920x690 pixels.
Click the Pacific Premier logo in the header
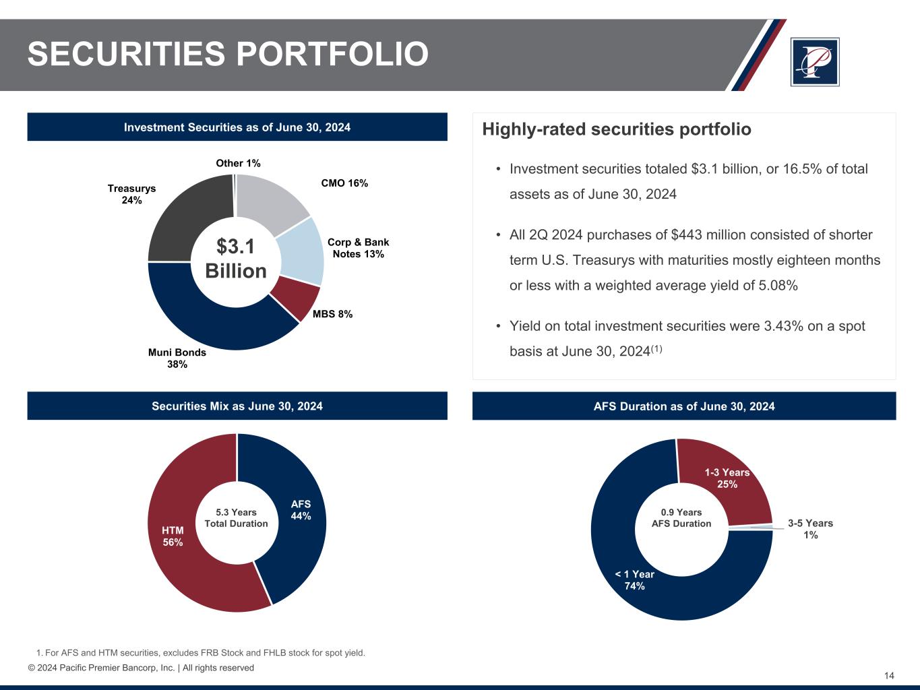click(815, 62)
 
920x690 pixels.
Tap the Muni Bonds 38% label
click(177, 358)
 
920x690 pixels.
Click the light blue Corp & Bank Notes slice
click(299, 249)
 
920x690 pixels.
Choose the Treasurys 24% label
click(131, 194)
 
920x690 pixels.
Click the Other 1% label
click(238, 163)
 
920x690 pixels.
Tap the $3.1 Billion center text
click(236, 259)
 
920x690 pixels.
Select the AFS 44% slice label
click(301, 510)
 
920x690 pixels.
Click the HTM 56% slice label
click(173, 536)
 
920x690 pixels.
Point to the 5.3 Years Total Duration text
click(236, 518)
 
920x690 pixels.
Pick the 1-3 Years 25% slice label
click(727, 478)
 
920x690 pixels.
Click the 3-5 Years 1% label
click(810, 529)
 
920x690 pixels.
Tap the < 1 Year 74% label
click(635, 580)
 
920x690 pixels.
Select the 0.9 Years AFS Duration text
click(681, 518)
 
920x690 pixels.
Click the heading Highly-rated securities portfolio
click(617, 129)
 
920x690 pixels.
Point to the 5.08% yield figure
click(778, 286)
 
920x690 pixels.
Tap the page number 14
click(889, 676)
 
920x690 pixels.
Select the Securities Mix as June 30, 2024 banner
click(237, 406)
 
